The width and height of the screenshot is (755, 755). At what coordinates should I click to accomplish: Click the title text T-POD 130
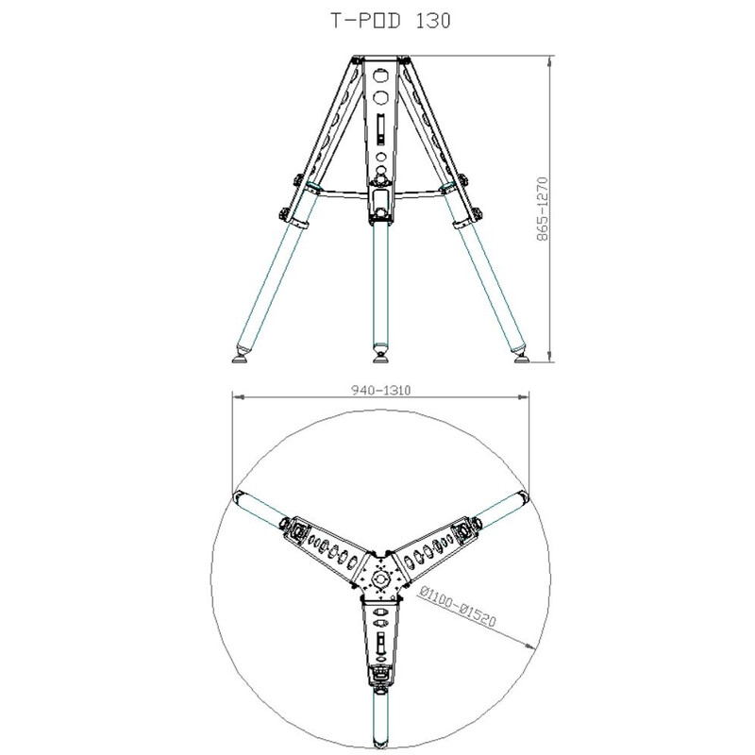(x=377, y=20)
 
